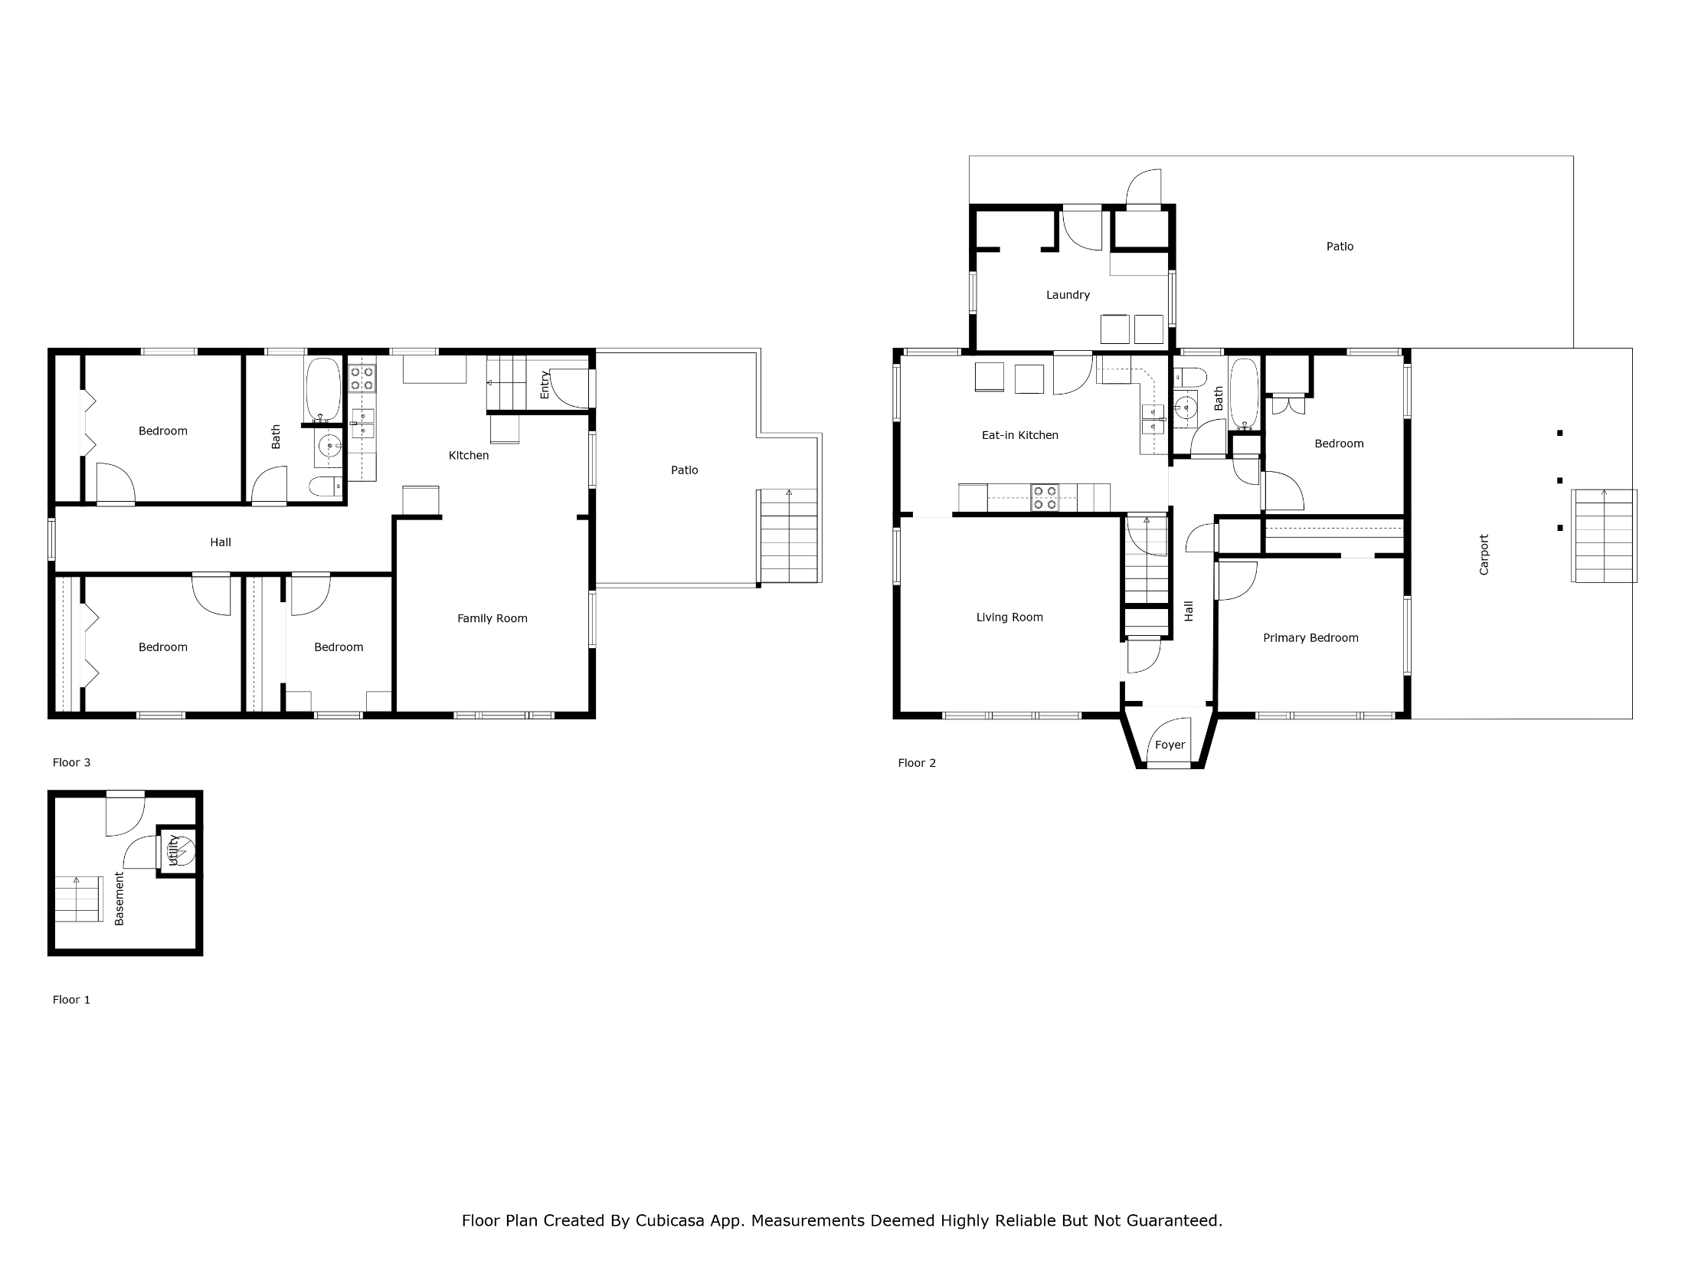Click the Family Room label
pos(492,618)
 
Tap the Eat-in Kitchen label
pos(1019,435)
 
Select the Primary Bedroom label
pos(1310,638)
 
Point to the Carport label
pos(1484,555)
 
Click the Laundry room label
pos(1068,295)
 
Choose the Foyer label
pos(1170,745)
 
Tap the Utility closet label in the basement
pos(173,850)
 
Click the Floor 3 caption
pos(71,762)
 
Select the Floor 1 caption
pos(71,1000)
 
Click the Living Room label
pos(1009,617)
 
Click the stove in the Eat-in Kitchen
pos(1045,498)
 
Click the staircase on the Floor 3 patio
pos(789,536)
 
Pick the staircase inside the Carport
pos(1605,535)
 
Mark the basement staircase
pos(78,899)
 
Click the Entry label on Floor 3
pos(545,385)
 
